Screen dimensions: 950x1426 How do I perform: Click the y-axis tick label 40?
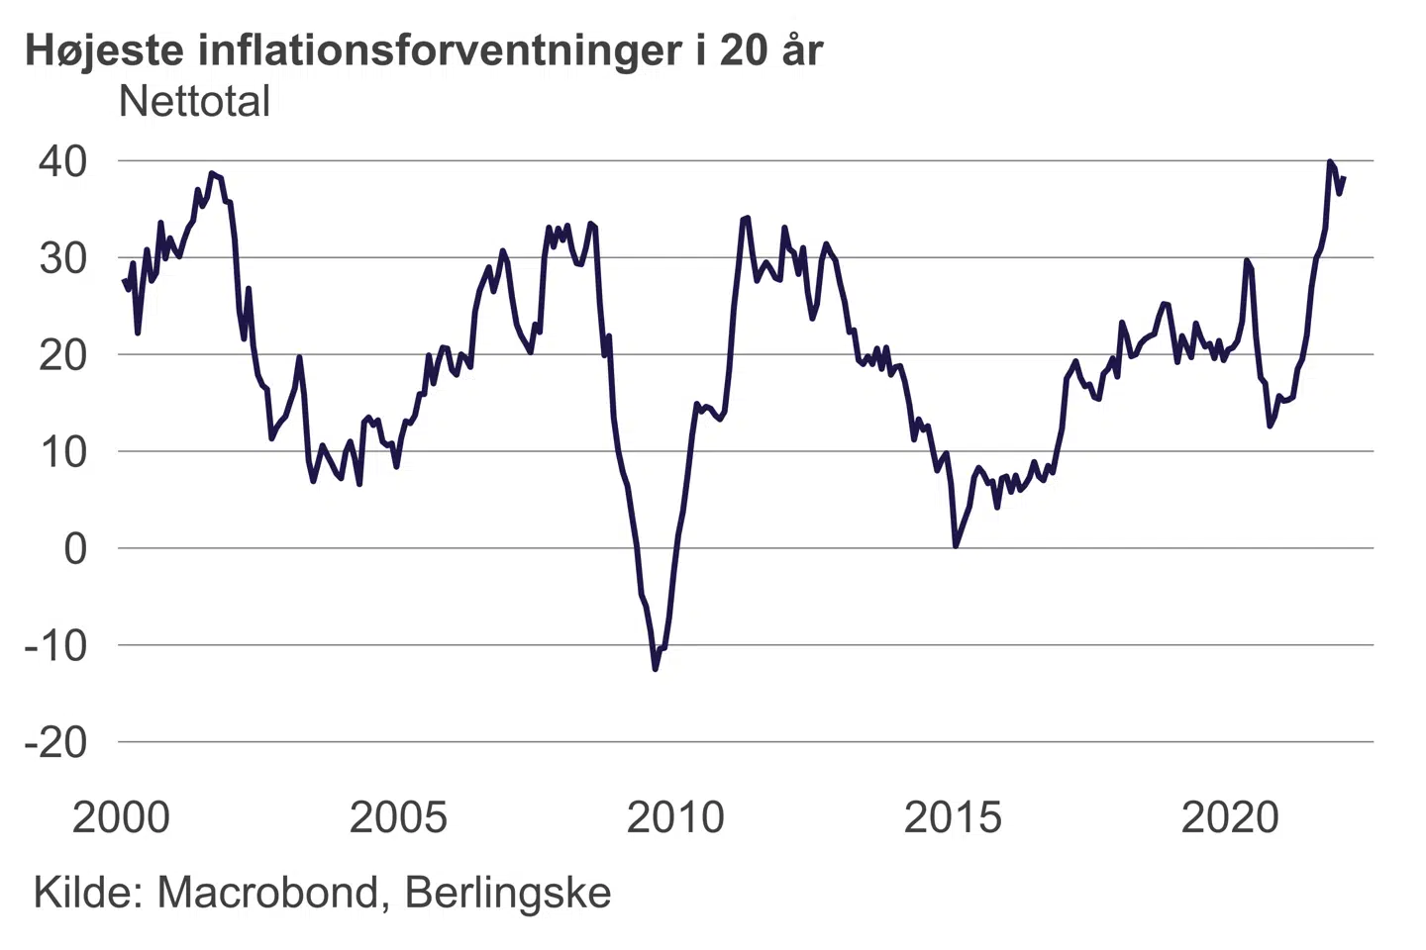coord(62,161)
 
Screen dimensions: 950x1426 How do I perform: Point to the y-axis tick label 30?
coord(62,258)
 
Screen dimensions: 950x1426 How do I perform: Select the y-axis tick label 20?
coord(62,355)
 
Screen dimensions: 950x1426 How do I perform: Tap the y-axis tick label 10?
coord(62,452)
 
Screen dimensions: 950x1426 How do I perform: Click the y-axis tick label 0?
coord(75,549)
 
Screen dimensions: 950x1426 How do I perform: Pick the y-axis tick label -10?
coord(55,645)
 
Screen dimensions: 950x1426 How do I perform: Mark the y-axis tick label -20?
coord(55,742)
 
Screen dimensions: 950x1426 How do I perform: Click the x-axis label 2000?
coord(121,817)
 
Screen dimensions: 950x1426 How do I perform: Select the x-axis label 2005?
coord(398,817)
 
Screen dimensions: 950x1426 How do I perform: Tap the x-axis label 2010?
coord(675,817)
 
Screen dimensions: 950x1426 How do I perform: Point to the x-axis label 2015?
coord(953,817)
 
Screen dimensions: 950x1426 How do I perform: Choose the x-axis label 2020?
coord(1230,817)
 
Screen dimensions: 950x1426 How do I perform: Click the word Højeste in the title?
coord(105,51)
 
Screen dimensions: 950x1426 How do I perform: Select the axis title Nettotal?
coord(194,102)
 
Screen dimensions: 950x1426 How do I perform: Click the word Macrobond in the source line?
coord(267,893)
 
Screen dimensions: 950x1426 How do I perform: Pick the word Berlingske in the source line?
coord(508,895)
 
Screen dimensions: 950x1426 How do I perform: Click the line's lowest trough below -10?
coord(656,669)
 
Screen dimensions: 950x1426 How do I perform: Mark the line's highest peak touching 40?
coord(1330,161)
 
